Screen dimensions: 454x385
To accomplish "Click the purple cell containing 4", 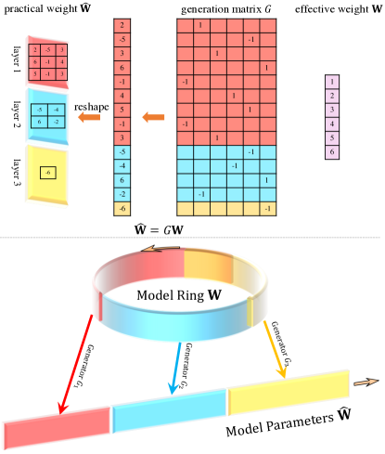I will [331, 123].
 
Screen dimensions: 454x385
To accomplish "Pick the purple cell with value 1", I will [331, 83].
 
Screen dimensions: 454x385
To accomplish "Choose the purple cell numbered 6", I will [331, 149].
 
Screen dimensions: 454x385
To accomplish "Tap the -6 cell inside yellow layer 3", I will [47, 173].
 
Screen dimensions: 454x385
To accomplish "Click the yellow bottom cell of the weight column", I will [124, 209].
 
